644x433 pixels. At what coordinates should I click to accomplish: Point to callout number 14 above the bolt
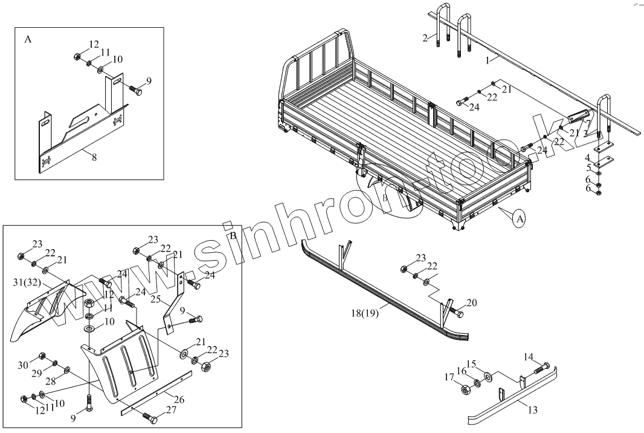[x=528, y=356]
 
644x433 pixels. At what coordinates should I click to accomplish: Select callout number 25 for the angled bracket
[x=156, y=300]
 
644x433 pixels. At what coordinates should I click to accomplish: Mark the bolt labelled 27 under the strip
[x=149, y=418]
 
